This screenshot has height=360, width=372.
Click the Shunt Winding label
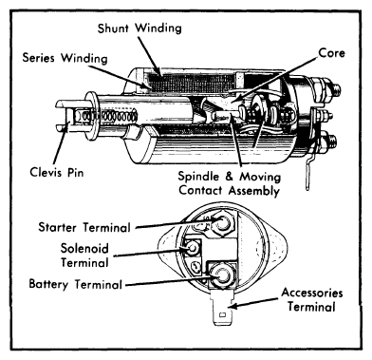click(x=139, y=28)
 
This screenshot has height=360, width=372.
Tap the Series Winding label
click(x=65, y=58)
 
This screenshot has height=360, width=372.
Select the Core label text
click(x=331, y=52)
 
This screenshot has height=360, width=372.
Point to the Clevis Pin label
click(x=57, y=173)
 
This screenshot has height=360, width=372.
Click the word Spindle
click(x=198, y=177)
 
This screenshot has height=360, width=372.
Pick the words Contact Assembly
click(x=229, y=191)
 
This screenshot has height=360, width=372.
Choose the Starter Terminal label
click(x=84, y=227)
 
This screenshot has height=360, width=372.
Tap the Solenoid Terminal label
click(x=84, y=256)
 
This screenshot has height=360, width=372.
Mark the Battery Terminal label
click(x=75, y=284)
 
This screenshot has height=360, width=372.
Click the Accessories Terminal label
click(x=312, y=299)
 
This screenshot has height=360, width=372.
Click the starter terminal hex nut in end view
click(x=220, y=224)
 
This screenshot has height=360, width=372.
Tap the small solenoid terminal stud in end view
click(x=192, y=249)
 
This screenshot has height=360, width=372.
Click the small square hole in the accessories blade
click(x=222, y=315)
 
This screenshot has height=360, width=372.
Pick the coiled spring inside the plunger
click(x=107, y=116)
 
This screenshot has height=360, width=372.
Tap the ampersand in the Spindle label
click(x=230, y=177)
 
